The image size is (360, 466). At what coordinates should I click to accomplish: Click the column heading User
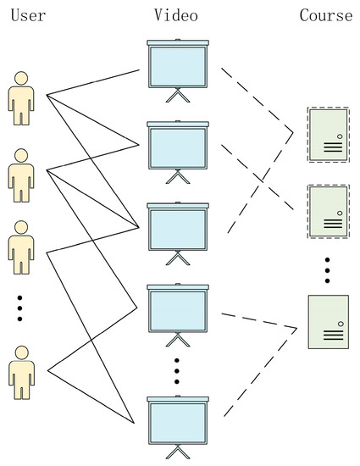click(x=28, y=16)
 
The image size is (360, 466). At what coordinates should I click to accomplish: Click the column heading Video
click(x=177, y=16)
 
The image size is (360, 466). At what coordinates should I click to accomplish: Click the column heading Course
click(x=326, y=16)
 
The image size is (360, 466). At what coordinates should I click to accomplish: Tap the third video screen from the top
click(x=177, y=227)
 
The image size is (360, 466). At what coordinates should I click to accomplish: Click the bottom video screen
click(x=177, y=421)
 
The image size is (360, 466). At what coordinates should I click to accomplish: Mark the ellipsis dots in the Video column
click(x=177, y=371)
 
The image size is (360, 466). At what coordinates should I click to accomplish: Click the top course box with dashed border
click(x=326, y=134)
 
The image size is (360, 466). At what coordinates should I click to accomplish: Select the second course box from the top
click(x=326, y=210)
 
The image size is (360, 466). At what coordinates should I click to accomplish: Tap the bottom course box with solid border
click(x=326, y=321)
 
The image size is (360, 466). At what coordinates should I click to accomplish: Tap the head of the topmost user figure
click(x=22, y=77)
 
